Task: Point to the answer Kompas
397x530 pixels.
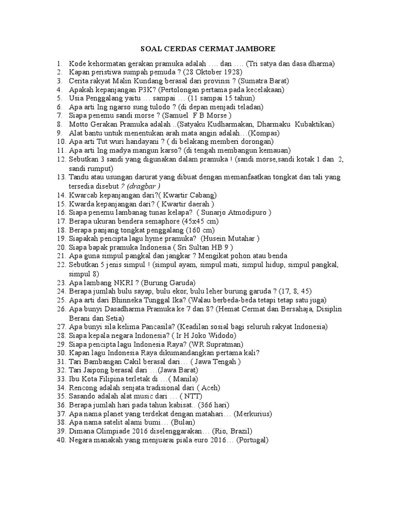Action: [x=264, y=133]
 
